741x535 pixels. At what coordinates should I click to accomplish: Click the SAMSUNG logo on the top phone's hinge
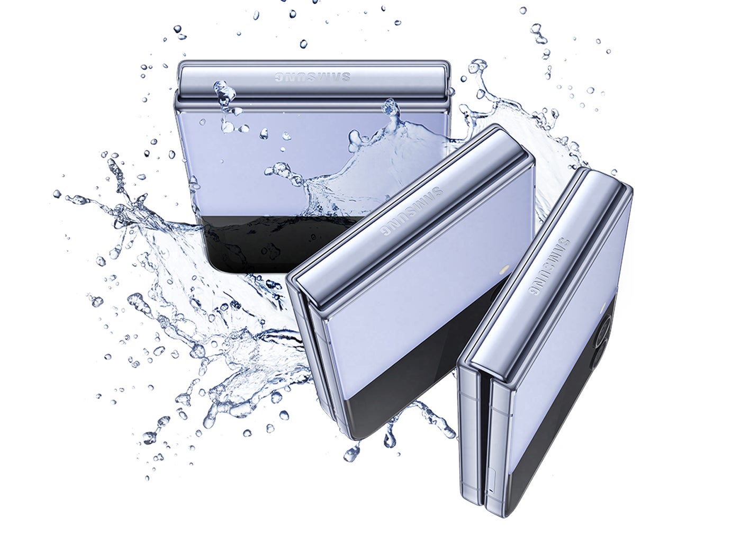[312, 77]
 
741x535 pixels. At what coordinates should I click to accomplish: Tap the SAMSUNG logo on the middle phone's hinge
[412, 211]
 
